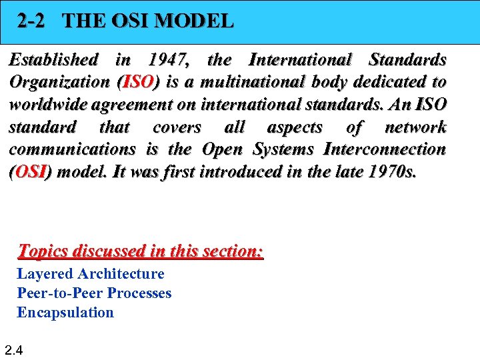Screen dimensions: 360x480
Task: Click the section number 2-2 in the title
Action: [31, 21]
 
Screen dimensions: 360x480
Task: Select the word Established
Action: [53, 60]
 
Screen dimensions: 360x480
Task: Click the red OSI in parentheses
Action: [30, 171]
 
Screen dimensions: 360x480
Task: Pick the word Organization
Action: [60, 82]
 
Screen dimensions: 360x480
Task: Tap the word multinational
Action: [255, 82]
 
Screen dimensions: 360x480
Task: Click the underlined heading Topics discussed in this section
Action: [141, 251]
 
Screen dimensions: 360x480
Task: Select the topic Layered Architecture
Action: [90, 274]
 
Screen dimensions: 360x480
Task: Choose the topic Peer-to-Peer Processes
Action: [94, 293]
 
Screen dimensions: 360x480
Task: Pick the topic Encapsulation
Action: [65, 313]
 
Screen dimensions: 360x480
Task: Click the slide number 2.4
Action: [14, 349]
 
